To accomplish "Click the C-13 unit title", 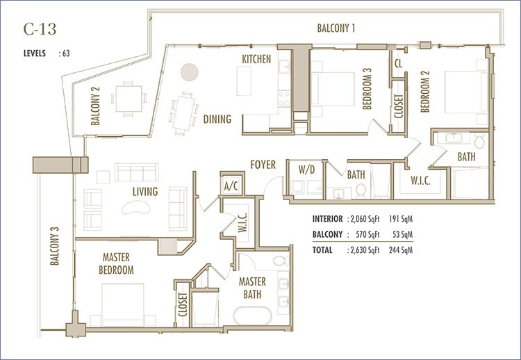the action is (x=40, y=29).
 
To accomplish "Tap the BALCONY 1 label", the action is (x=336, y=28).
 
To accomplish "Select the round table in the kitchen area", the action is (x=190, y=72).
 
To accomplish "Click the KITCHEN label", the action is (x=256, y=59).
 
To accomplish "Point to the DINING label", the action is (x=217, y=119).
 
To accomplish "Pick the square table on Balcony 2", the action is (x=129, y=99).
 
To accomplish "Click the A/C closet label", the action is (x=231, y=186).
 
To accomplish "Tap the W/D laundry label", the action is (x=306, y=170).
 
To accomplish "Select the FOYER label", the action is (x=263, y=165).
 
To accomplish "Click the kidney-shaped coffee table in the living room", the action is (x=136, y=207).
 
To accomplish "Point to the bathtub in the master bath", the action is (x=252, y=316).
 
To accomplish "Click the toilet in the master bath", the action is (x=281, y=261).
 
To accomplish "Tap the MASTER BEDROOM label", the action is (x=116, y=263).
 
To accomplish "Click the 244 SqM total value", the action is (x=401, y=249).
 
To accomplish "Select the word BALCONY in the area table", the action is (x=327, y=234).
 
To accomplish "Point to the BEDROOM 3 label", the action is (x=367, y=89).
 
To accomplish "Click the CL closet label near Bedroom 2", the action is (x=399, y=63).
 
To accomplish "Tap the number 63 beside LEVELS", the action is (x=66, y=54).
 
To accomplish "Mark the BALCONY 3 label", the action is (x=54, y=245).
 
